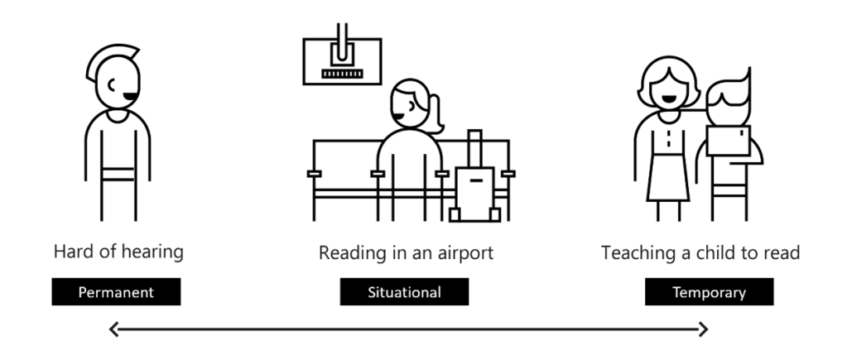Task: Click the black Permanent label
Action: (116, 292)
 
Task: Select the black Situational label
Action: (404, 292)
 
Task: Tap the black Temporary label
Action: (709, 292)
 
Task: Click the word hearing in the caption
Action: (149, 252)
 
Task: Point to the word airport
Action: (464, 252)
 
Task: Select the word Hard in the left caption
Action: (71, 251)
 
